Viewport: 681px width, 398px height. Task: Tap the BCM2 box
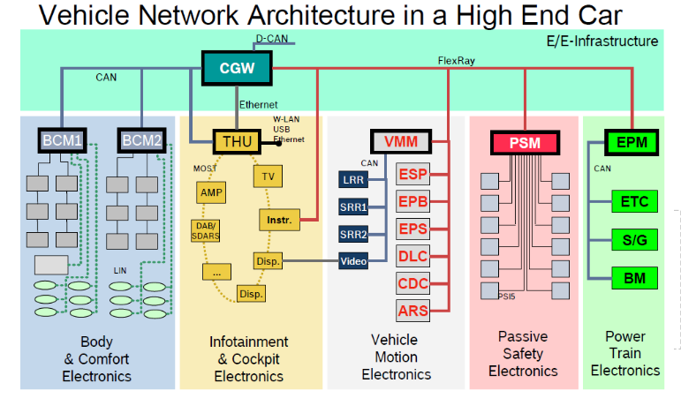(142, 140)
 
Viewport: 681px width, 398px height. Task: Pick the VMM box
(400, 141)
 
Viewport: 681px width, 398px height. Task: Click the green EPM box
(632, 141)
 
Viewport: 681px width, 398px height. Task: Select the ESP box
(413, 174)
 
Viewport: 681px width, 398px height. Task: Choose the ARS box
(413, 310)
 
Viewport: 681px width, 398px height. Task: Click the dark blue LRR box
(353, 180)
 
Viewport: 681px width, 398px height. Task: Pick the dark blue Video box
(353, 260)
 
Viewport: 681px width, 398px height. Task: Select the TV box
(269, 176)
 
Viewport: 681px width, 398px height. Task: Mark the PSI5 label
(507, 296)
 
